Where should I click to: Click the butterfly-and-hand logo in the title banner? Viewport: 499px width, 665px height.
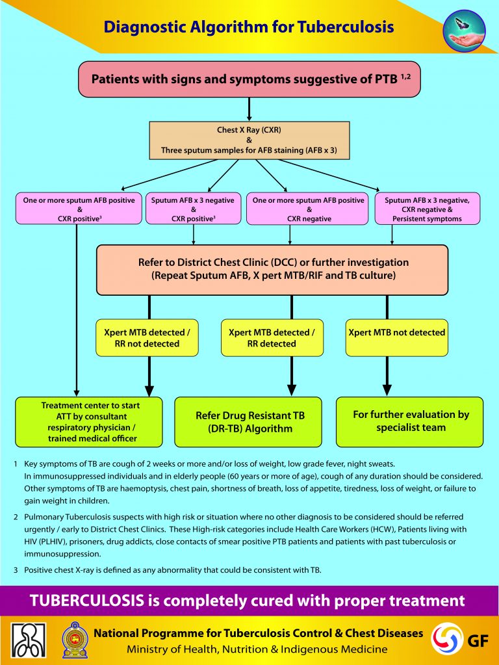464,31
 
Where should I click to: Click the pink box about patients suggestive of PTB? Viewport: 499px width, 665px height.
249,79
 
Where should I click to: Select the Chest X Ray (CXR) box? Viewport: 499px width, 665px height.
249,140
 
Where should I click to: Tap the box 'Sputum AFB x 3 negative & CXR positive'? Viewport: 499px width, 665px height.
194,209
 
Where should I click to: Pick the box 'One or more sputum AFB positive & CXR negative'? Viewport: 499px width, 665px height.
308,209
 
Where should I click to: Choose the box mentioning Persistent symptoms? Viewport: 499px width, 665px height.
428,209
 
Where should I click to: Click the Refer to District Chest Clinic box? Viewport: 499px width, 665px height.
272,270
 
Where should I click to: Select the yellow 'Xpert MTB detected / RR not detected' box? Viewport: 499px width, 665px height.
147,337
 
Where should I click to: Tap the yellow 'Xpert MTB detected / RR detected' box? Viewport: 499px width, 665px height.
272,337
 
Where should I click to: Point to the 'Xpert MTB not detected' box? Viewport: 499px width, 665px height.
397,337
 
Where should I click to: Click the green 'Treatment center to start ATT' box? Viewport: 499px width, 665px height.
89,422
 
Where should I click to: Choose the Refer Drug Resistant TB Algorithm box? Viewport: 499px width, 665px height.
248,422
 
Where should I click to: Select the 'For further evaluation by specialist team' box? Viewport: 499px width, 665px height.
409,422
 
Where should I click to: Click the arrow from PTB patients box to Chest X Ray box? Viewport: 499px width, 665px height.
249,109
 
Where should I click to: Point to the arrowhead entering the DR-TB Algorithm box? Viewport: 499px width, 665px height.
291,390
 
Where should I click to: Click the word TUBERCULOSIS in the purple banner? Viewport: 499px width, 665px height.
87,601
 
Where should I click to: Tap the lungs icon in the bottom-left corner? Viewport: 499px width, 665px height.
29,640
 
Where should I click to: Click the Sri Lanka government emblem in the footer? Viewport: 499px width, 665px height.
75,640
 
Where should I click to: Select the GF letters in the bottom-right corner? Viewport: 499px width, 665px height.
478,641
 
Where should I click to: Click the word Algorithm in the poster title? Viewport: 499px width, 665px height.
226,27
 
